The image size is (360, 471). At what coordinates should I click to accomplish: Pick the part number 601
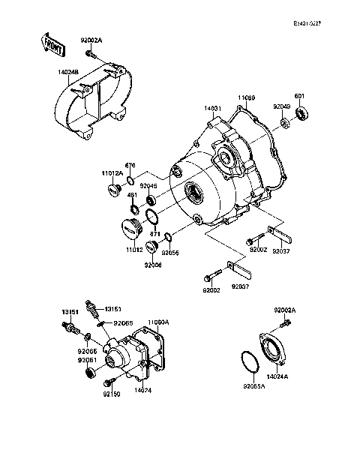point(298,95)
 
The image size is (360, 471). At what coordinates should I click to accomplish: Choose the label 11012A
point(112,174)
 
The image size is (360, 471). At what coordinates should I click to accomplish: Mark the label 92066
point(153,265)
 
